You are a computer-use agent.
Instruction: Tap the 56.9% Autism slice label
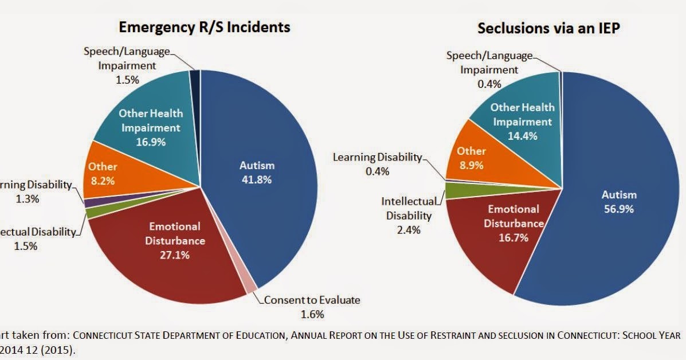click(619, 202)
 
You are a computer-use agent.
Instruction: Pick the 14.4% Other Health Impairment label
click(522, 122)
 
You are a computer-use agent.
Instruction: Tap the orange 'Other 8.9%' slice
click(471, 158)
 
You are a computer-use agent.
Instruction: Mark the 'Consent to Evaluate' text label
click(312, 300)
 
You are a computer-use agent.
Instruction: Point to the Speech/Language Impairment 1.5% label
click(127, 65)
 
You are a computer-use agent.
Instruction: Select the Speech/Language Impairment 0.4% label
click(489, 69)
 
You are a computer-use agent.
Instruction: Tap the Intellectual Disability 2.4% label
click(409, 216)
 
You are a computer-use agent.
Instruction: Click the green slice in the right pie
click(456, 190)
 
